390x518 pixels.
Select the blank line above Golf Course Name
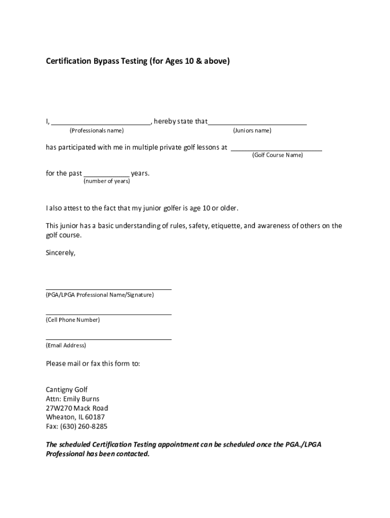coord(277,150)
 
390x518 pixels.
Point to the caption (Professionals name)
coord(96,131)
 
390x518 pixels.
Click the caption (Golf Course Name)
coord(278,155)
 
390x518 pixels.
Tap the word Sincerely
coord(61,253)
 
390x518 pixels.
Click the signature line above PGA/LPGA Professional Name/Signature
coord(108,289)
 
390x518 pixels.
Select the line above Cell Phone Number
coord(108,314)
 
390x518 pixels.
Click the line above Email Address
coord(108,339)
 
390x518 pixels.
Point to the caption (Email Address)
coord(66,346)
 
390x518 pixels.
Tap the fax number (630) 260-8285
coord(85,426)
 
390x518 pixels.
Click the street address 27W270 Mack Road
coord(77,408)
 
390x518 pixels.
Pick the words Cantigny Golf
coord(67,390)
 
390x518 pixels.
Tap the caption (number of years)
coord(106,181)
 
